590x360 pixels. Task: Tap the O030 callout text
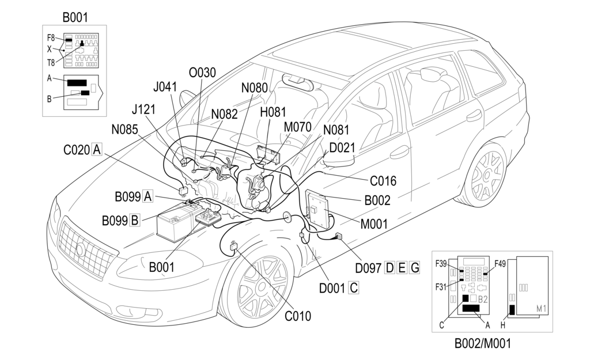click(x=202, y=73)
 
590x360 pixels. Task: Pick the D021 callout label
click(x=342, y=147)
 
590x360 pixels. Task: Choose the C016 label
click(x=383, y=181)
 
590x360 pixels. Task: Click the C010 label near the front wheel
click(x=298, y=316)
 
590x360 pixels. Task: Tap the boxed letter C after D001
click(x=353, y=286)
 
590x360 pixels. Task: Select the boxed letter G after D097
click(x=414, y=267)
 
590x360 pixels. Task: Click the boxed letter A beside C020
click(x=97, y=150)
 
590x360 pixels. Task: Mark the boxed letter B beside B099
click(x=134, y=220)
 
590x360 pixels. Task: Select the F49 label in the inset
click(x=500, y=264)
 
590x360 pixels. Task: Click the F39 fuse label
click(x=442, y=264)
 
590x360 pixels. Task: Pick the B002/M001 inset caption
click(x=482, y=344)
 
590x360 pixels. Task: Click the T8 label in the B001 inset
click(x=51, y=63)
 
